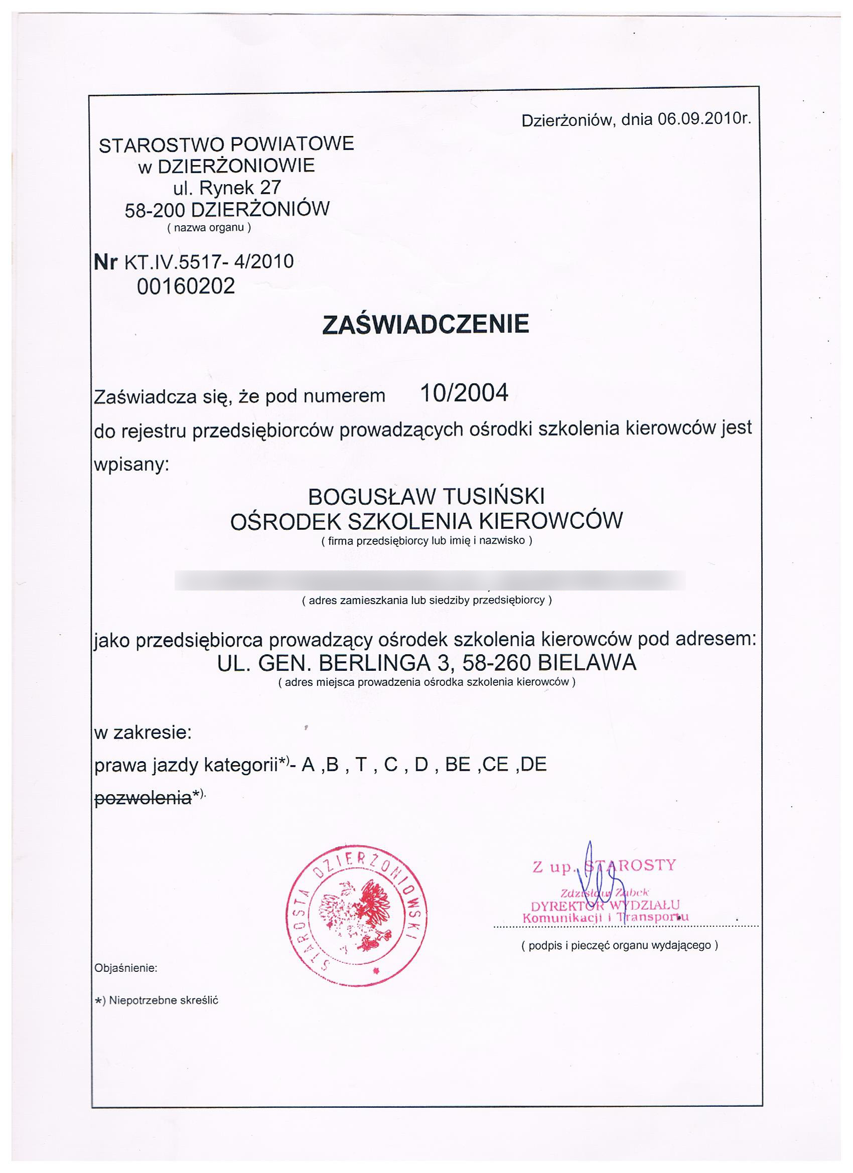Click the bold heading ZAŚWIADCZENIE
tap(425, 324)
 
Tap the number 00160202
tap(186, 286)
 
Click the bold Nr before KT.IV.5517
tap(105, 262)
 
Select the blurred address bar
tap(430, 580)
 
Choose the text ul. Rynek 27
tap(227, 187)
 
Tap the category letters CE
tap(496, 765)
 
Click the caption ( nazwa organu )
tap(209, 228)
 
